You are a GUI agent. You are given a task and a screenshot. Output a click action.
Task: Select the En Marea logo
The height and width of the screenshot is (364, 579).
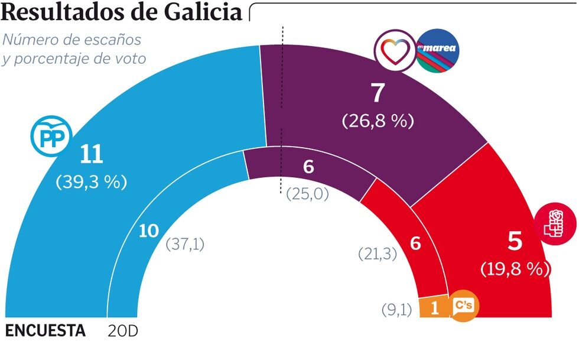click(x=438, y=51)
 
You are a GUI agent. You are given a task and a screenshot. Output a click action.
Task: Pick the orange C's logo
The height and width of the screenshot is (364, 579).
click(x=464, y=307)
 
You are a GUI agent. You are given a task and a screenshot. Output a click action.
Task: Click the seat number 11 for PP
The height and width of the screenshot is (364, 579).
click(x=92, y=155)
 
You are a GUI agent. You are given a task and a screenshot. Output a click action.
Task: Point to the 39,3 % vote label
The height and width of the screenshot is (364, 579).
click(x=92, y=182)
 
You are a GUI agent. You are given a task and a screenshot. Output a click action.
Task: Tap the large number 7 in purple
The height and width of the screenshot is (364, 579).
click(x=378, y=94)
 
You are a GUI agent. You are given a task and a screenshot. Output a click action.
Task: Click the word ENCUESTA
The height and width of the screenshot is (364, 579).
click(x=45, y=331)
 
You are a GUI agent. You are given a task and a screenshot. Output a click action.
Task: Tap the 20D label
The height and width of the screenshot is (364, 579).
click(x=123, y=331)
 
